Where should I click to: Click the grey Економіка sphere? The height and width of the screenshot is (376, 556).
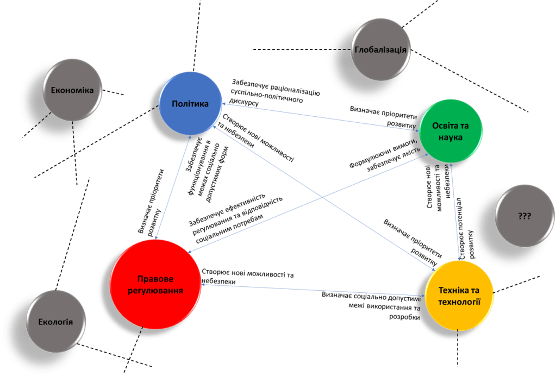pos(72,91)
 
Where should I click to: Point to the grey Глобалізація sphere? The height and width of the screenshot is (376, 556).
pos(380,50)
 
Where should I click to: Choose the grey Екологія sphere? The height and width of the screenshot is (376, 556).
pos(55,321)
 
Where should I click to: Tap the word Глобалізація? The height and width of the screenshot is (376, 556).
pos(380,50)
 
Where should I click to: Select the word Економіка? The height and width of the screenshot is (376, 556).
pos(72,91)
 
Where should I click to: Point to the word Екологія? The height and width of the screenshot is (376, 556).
pos(55,321)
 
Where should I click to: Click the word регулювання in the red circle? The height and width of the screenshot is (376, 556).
pos(155,291)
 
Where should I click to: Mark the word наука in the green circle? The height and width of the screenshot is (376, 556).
pos(452,137)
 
